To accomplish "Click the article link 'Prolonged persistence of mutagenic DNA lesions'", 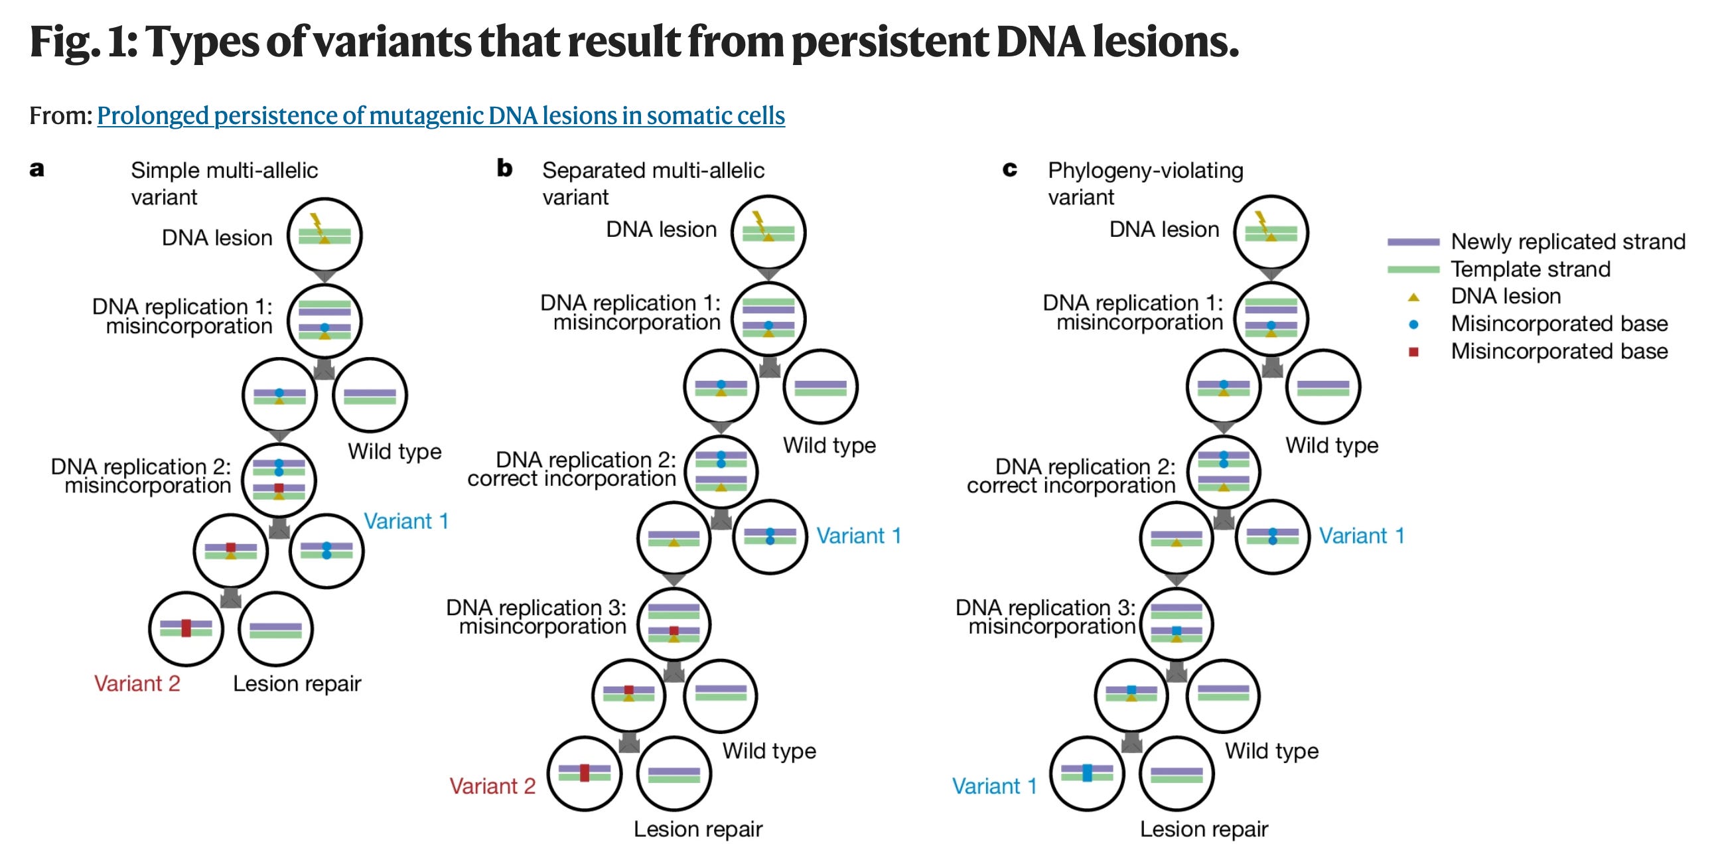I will [441, 115].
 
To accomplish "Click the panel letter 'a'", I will [36, 169].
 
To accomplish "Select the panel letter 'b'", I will [505, 169].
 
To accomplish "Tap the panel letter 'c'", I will [1009, 170].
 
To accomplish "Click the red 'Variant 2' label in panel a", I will [137, 683].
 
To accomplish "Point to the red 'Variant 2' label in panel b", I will [492, 786].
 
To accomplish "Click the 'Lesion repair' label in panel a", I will [297, 683].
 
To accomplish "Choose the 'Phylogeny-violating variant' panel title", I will [1145, 183].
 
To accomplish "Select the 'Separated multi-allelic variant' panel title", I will [652, 183].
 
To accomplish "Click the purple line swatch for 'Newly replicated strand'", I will [1413, 242].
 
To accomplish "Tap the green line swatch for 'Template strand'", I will [1413, 269].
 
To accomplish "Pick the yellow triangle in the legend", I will [1413, 297].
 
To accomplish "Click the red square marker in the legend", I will [1413, 352].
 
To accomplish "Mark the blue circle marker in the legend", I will [1413, 324].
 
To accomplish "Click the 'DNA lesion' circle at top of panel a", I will [324, 236].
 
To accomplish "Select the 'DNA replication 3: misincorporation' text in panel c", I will [1046, 617].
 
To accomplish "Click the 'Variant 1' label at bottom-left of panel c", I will [994, 786].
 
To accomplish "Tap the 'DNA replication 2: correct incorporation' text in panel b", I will [571, 468].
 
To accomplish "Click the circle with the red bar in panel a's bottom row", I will [186, 628].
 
